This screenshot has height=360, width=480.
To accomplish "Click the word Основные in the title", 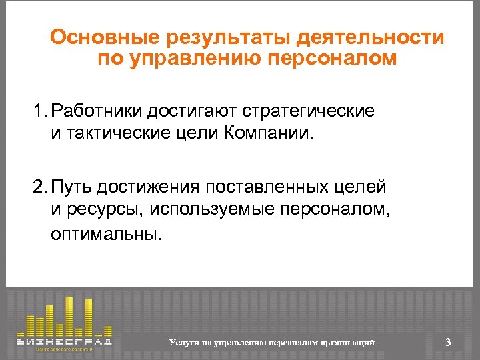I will [97, 37].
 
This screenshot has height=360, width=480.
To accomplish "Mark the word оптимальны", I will [106, 235].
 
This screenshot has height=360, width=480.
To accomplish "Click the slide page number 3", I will [448, 342].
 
